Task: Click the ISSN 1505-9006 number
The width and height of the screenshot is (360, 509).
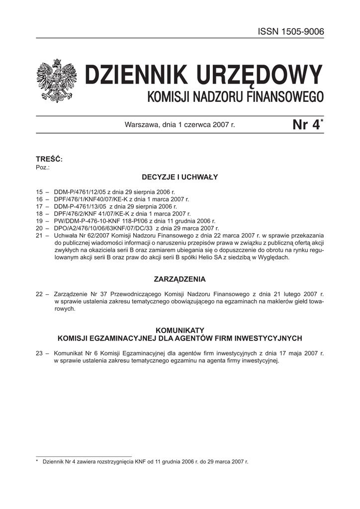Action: (x=291, y=31)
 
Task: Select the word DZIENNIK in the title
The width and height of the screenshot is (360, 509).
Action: (x=132, y=76)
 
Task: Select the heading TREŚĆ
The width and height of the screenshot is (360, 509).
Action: (x=49, y=159)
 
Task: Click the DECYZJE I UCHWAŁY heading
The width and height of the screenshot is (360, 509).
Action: (x=180, y=176)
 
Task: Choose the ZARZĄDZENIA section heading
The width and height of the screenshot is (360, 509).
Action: (x=180, y=279)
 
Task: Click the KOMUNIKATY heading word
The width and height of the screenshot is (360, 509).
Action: (x=180, y=330)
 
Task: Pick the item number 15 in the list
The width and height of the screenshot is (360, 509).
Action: (x=40, y=191)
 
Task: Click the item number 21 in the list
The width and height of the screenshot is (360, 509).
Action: (x=40, y=235)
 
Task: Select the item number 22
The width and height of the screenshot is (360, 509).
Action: (x=40, y=294)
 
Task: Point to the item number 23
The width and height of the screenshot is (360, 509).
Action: (x=40, y=353)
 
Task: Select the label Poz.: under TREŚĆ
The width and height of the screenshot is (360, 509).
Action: (x=43, y=167)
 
